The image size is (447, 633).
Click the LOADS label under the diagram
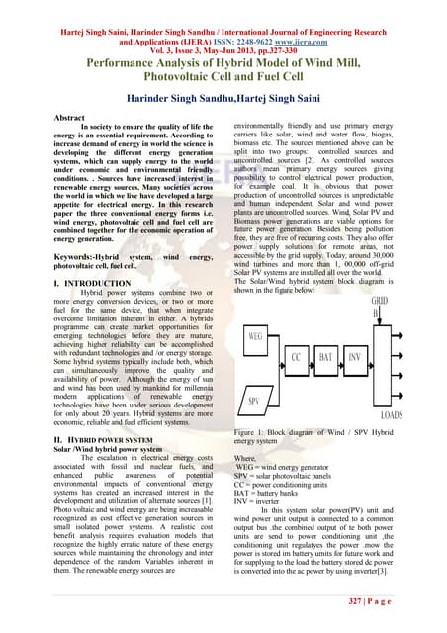click(x=392, y=415)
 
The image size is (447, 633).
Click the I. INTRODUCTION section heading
click(x=66, y=282)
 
